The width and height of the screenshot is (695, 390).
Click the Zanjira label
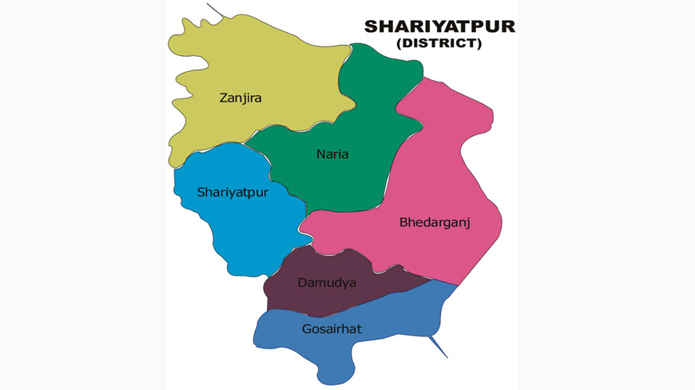pos(240,98)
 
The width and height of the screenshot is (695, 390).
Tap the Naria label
pos(332,154)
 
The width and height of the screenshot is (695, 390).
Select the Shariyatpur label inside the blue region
pos(232,193)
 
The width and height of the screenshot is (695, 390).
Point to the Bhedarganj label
pos(435,222)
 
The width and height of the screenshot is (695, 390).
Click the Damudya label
pos(327,282)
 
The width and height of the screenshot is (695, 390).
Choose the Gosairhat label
pos(332,328)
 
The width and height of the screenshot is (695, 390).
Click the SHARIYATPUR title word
pos(439,26)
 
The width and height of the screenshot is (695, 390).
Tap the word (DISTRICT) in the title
pos(439,44)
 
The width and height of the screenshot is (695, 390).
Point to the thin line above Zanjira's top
pos(214,10)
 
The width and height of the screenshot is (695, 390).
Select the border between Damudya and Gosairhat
pos(351,307)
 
